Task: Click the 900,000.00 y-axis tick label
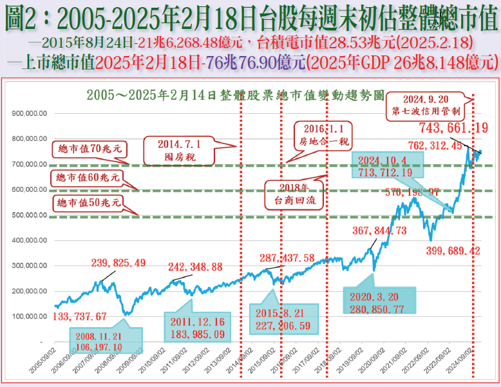[31, 113]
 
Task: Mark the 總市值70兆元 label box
[89, 150]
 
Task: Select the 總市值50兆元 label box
[89, 203]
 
